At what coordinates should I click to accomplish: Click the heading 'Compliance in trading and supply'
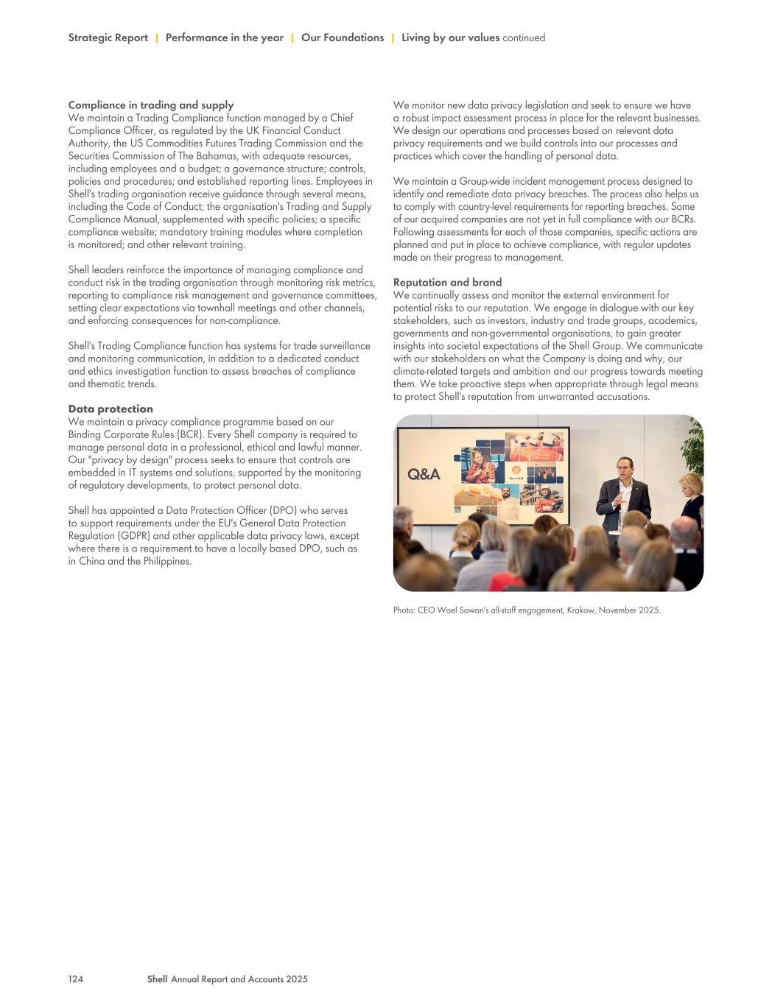150,105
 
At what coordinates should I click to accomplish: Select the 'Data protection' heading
110,409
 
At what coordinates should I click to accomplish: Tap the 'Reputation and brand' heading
447,283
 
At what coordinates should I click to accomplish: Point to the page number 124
75,979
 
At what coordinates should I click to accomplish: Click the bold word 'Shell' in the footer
157,979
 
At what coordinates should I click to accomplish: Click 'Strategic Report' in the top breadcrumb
108,38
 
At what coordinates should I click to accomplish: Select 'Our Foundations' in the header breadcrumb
342,38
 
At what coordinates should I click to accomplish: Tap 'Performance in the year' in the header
224,38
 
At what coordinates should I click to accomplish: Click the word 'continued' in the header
524,38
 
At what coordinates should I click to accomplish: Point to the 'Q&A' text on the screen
424,475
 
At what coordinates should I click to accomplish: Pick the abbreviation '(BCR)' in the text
188,434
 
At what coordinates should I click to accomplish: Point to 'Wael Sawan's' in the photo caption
464,610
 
